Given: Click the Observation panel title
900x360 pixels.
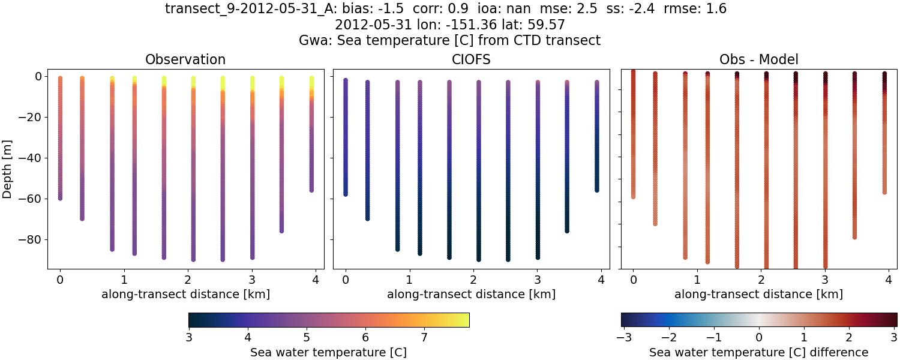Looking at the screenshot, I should click(x=185, y=60).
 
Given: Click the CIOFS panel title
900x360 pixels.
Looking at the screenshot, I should click(x=471, y=60).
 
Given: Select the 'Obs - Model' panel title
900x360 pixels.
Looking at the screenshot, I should click(x=758, y=60).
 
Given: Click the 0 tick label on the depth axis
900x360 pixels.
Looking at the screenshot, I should click(x=37, y=77).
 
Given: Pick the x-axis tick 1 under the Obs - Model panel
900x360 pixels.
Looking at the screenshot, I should click(x=696, y=280).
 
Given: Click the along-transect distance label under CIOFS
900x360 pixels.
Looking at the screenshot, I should click(x=471, y=295).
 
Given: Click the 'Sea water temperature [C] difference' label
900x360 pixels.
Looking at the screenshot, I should click(x=758, y=352).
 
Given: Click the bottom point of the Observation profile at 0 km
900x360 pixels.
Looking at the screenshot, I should click(x=60, y=197).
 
